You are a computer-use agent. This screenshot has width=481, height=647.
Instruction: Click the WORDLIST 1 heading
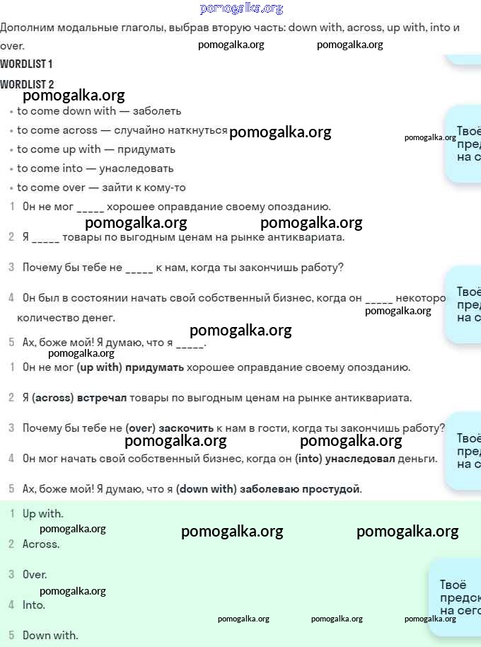26,64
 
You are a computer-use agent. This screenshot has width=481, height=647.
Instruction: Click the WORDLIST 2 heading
26,84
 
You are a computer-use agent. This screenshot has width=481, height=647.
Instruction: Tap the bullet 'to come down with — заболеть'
99,111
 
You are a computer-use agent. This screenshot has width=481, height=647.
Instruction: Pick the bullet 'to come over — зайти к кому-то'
101,188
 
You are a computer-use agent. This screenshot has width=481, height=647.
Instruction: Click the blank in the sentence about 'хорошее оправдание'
90,208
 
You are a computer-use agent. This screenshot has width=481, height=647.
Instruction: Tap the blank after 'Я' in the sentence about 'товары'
45,238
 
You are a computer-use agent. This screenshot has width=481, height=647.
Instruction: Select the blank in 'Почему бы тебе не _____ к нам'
139,268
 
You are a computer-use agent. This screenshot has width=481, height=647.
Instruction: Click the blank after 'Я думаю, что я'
190,343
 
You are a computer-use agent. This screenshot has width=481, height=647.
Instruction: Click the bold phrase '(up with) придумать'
130,367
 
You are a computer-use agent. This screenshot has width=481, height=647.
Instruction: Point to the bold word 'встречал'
102,398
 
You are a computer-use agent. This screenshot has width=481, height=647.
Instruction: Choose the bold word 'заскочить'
186,428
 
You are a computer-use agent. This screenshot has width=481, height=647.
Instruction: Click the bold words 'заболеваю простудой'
300,489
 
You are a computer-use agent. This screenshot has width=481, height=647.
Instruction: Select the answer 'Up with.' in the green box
42,514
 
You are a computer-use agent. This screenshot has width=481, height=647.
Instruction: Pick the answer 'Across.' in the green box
41,544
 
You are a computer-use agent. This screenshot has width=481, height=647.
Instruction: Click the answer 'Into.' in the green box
34,605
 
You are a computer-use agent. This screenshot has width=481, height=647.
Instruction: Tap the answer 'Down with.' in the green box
50,636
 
